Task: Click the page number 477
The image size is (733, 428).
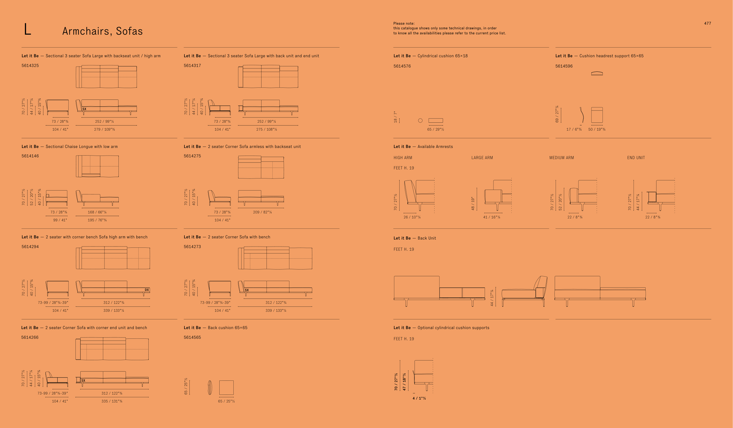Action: pyautogui.click(x=707, y=23)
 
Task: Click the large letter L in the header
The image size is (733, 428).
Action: pyautogui.click(x=28, y=30)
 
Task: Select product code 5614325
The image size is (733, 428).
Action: pyautogui.click(x=30, y=65)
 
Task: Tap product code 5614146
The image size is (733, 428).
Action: pyautogui.click(x=30, y=156)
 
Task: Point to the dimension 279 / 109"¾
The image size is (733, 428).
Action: pyautogui.click(x=104, y=129)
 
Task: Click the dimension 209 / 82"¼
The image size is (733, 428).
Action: pyautogui.click(x=262, y=212)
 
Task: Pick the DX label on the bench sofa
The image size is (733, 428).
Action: pyautogui.click(x=147, y=290)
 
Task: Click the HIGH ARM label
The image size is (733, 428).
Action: pyautogui.click(x=403, y=158)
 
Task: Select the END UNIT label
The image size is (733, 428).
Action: pyautogui.click(x=636, y=158)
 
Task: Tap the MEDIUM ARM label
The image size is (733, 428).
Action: pyautogui.click(x=561, y=158)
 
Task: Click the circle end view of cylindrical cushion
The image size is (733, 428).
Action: pyautogui.click(x=420, y=121)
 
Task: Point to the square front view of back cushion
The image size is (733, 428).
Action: pyautogui.click(x=226, y=387)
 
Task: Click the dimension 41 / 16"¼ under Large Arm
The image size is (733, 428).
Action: pyautogui.click(x=492, y=217)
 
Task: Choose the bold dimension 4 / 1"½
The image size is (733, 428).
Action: pyautogui.click(x=419, y=398)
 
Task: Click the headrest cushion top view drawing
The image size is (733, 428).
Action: pyautogui.click(x=597, y=74)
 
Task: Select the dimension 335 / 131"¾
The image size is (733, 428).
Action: pyautogui.click(x=112, y=401)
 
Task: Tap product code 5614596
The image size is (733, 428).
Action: pyautogui.click(x=564, y=66)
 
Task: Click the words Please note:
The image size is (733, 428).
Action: pyautogui.click(x=404, y=23)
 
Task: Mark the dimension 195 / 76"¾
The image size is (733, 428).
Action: pyautogui.click(x=97, y=220)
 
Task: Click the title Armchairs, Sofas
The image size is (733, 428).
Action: pyautogui.click(x=102, y=31)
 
